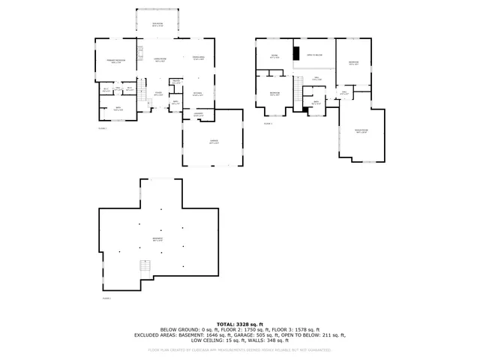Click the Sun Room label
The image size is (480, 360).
pos(157,25)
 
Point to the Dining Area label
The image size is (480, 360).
pos(199,58)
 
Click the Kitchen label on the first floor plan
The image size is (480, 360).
pos(199,94)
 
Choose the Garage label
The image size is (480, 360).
pos(214,142)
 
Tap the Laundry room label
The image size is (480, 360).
pos(199,115)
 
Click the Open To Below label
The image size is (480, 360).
pos(313,55)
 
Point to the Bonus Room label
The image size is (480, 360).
pos(361,130)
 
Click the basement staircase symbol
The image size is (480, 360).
pos(144,267)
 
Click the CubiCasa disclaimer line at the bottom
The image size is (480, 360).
pos(240,349)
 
